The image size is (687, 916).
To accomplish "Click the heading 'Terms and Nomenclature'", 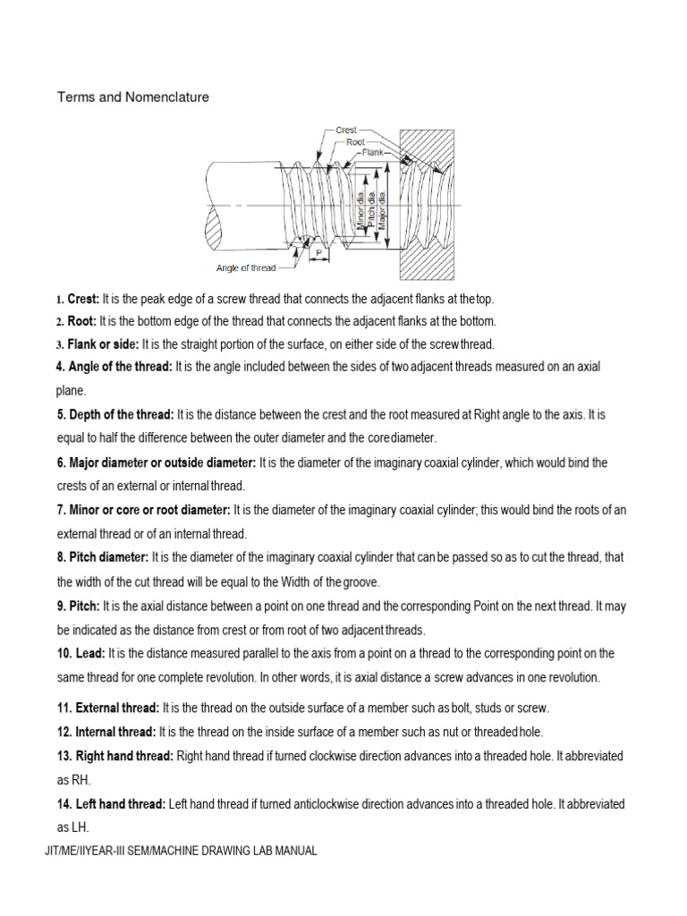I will (x=133, y=97).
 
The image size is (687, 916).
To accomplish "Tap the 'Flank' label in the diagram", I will (x=372, y=152).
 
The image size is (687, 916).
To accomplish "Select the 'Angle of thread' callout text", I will (x=245, y=267).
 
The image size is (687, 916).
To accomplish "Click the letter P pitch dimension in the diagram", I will (x=318, y=253).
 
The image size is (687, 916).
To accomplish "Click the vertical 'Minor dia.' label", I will (x=361, y=213).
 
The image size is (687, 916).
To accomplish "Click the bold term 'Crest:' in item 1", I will (x=83, y=299).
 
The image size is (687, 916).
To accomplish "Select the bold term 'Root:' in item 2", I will (x=82, y=321).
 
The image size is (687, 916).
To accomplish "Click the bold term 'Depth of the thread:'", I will (x=115, y=414).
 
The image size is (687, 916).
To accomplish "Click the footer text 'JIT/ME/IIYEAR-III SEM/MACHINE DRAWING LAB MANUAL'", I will (x=180, y=851).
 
